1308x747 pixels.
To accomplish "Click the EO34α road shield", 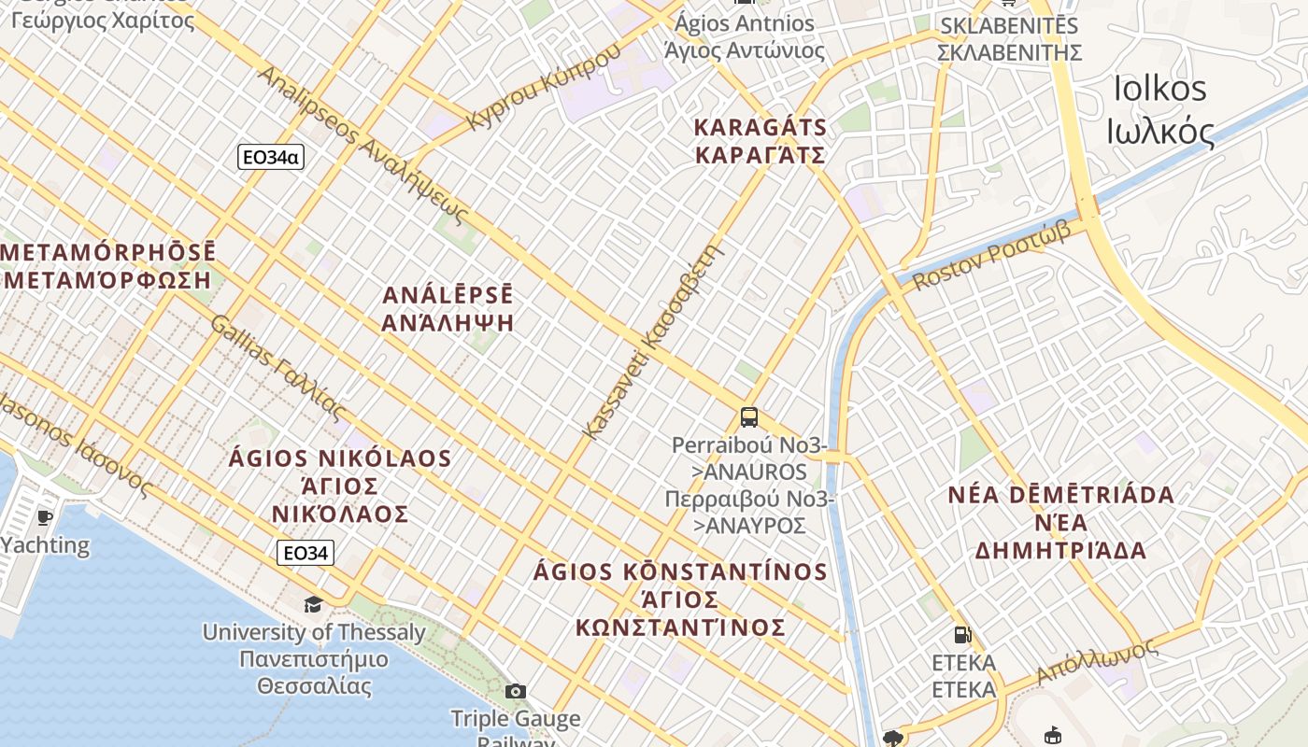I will click(x=270, y=157).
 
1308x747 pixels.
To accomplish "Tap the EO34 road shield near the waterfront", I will click(x=306, y=553).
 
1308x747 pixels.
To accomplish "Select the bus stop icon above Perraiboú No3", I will click(x=748, y=417).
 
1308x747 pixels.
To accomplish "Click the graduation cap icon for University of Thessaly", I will click(x=313, y=604).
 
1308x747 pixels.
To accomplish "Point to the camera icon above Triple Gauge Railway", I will click(x=515, y=691).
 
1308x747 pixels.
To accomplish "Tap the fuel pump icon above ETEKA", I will click(x=962, y=636).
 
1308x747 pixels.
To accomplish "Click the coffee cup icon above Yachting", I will click(x=44, y=517).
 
